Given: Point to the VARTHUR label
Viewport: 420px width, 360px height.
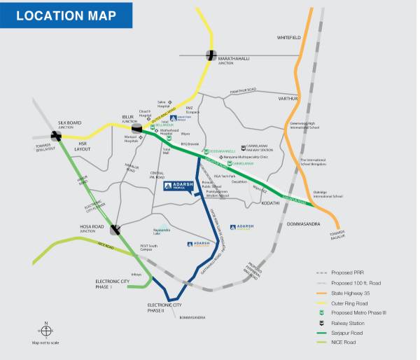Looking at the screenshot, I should click(x=288, y=99).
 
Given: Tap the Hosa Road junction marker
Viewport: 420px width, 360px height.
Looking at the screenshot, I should click(x=115, y=228).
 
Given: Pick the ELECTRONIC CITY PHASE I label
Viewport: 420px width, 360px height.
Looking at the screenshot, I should click(x=113, y=284).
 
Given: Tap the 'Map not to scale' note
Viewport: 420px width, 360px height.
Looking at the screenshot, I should click(x=45, y=343).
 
